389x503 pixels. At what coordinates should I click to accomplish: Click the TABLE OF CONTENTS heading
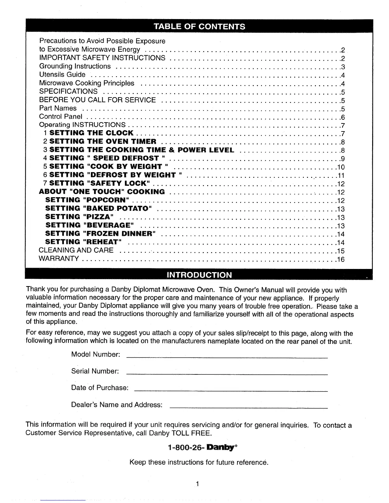[x=199, y=26]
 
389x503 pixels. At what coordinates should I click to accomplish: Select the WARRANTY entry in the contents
[x=59, y=258]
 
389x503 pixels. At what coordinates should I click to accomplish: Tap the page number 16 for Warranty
[x=341, y=259]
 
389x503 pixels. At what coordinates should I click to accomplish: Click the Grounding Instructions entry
[x=75, y=66]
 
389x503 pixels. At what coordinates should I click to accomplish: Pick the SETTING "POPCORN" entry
[x=87, y=200]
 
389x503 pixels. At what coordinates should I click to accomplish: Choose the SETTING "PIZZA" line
[x=79, y=217]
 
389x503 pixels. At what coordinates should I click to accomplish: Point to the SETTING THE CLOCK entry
[x=92, y=133]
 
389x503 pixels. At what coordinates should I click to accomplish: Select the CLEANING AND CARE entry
[x=76, y=250]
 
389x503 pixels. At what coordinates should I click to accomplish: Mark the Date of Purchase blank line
[x=231, y=391]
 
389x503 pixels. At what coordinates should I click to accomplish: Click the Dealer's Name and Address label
[x=117, y=405]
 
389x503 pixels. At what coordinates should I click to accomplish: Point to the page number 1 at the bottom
[x=197, y=484]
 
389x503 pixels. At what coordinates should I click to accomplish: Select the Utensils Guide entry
[x=62, y=75]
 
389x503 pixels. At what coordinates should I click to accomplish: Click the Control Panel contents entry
[x=61, y=117]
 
